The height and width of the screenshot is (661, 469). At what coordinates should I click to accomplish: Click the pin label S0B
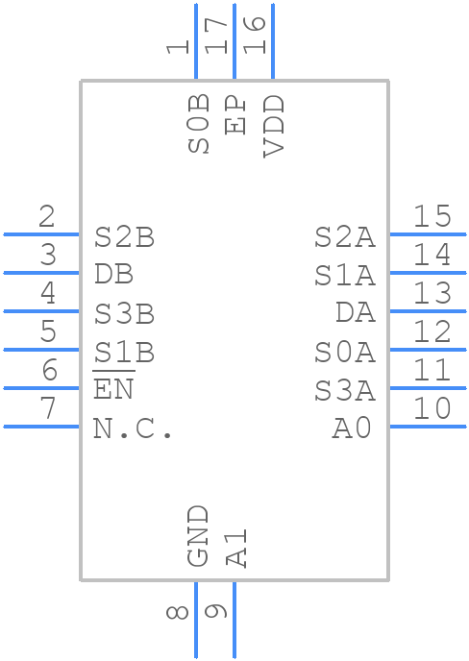[x=198, y=124]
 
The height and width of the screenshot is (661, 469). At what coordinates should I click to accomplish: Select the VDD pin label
[x=274, y=127]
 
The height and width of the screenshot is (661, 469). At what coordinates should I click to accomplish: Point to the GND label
[x=198, y=536]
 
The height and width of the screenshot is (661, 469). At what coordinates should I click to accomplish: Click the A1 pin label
[x=236, y=548]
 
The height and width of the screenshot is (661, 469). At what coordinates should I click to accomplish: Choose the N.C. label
[x=133, y=429]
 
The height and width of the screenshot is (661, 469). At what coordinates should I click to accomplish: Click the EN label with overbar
[x=113, y=385]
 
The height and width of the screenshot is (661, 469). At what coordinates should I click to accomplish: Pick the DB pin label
[x=113, y=274]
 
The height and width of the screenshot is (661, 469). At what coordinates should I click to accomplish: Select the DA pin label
[x=356, y=312]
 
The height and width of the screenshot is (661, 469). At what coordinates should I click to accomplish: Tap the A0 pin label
[x=352, y=429]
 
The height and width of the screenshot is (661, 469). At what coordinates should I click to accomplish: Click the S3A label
[x=345, y=390]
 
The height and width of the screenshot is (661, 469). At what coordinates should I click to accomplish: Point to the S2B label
[x=124, y=237]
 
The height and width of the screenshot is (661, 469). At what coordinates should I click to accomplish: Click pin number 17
[x=216, y=36]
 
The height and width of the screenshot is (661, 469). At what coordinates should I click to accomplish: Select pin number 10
[x=432, y=408]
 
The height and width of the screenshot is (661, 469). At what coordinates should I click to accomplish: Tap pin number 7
[x=48, y=408]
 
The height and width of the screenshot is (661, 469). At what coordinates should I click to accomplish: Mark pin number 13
[x=432, y=293]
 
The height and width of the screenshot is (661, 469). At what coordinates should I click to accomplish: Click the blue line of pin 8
[x=196, y=620]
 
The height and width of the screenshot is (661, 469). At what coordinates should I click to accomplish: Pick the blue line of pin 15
[x=428, y=234]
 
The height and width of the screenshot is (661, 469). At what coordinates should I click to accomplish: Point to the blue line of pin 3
[x=41, y=273]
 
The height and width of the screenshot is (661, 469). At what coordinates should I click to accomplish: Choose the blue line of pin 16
[x=273, y=41]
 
